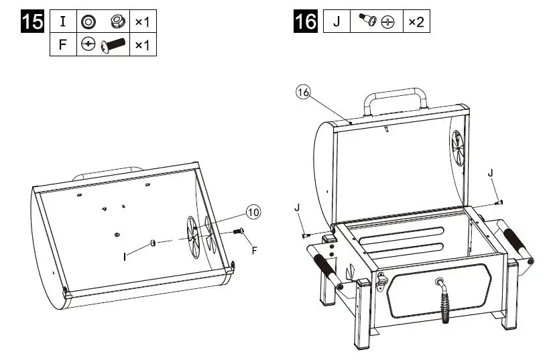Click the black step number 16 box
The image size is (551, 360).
[306, 21]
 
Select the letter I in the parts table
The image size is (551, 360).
[63, 21]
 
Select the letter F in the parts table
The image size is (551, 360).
[63, 45]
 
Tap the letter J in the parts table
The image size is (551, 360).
[336, 21]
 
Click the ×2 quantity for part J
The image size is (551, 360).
[416, 21]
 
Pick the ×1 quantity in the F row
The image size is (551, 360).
[141, 45]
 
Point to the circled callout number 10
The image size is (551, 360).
[252, 212]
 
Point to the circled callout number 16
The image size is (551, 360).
[303, 93]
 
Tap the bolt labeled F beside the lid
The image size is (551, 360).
[238, 231]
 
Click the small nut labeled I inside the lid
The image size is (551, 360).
[153, 243]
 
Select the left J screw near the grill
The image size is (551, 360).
[305, 235]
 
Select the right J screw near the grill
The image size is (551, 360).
[498, 201]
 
